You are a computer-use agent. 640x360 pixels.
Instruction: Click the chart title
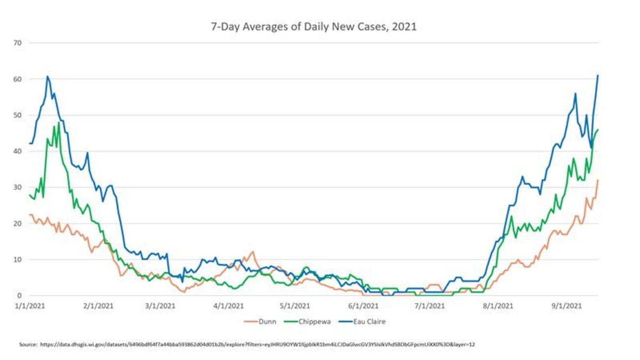pyautogui.click(x=314, y=27)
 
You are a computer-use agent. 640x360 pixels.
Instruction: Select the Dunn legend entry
pyautogui.click(x=266, y=322)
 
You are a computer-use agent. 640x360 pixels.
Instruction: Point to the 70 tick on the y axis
pyautogui.click(x=18, y=43)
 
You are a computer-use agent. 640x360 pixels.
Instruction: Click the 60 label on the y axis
pyautogui.click(x=18, y=79)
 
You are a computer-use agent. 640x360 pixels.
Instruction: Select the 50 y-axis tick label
pyautogui.click(x=18, y=115)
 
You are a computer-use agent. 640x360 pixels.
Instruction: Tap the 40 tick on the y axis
pyautogui.click(x=18, y=151)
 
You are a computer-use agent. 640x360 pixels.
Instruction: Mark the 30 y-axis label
pyautogui.click(x=18, y=187)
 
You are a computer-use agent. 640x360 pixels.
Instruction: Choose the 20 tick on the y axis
pyautogui.click(x=18, y=223)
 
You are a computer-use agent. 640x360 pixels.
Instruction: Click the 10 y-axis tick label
pyautogui.click(x=18, y=260)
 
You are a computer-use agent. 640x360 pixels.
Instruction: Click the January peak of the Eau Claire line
pyautogui.click(x=47, y=76)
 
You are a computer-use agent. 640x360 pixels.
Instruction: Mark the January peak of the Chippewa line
pyautogui.click(x=59, y=123)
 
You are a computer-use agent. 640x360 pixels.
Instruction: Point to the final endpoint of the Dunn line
pyautogui.click(x=598, y=180)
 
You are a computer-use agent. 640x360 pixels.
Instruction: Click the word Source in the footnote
pyautogui.click(x=28, y=344)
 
